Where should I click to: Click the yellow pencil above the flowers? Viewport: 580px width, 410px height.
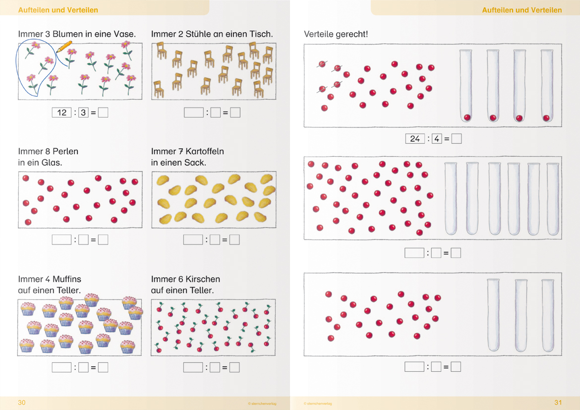64,47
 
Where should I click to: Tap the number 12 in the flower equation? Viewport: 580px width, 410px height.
62,113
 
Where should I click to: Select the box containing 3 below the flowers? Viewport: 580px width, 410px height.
83,113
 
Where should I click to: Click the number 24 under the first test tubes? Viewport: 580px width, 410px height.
414,139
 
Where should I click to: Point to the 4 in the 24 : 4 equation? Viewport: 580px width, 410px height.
437,139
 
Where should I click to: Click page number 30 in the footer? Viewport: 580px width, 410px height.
22,403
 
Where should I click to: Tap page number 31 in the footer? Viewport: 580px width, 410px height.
558,403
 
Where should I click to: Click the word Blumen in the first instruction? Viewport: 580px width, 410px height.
68,34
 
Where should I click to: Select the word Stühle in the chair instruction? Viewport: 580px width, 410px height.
198,34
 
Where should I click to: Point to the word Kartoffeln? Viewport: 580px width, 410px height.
205,151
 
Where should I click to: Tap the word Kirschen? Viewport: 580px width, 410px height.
203,279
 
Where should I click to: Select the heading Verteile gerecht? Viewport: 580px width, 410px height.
336,34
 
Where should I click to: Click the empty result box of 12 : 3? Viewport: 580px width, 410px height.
103,113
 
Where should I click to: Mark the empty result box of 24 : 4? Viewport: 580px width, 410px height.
457,139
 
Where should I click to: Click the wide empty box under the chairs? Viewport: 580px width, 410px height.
193,113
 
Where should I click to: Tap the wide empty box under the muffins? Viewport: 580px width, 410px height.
61,367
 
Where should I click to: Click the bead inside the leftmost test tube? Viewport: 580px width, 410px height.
467,117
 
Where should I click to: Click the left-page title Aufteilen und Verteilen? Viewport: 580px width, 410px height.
58,10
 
